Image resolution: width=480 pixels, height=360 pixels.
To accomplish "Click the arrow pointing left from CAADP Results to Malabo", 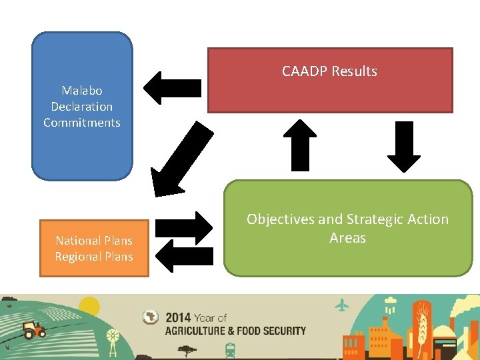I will [x=172, y=88].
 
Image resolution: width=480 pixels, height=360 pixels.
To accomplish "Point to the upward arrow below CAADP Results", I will [x=300, y=145].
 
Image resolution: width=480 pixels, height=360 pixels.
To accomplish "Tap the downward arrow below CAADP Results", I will [x=403, y=147].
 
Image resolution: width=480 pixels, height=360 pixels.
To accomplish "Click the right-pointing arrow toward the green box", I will [x=183, y=228].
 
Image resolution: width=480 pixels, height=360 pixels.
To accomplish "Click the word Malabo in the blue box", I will [x=82, y=90].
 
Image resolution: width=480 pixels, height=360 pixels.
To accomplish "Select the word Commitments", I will [x=82, y=123].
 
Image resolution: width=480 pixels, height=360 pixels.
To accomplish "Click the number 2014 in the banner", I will [x=178, y=318].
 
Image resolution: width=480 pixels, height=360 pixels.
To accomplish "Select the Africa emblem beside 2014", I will [x=151, y=318].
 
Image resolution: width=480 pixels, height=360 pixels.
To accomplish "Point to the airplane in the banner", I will [x=343, y=305].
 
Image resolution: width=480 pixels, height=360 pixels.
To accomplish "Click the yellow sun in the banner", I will [x=89, y=306].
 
